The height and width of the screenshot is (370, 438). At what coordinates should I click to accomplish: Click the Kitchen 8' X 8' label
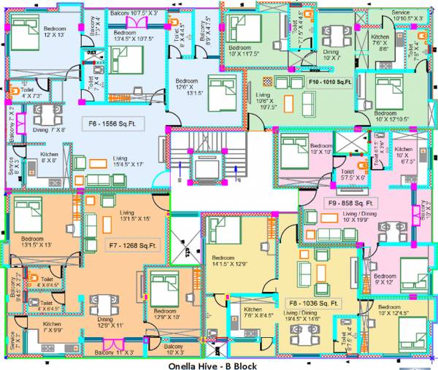pos(50,158)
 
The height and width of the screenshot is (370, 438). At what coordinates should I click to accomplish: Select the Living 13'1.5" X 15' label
pos(135,215)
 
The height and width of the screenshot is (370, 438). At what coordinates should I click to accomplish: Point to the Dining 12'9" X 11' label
pos(107,321)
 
